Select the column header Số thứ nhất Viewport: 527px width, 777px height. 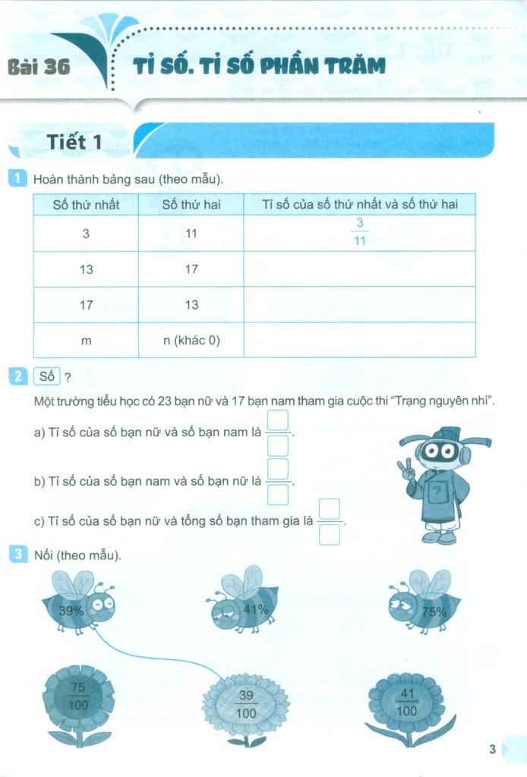pyautogui.click(x=86, y=204)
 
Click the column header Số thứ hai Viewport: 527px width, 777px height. pyautogui.click(x=191, y=204)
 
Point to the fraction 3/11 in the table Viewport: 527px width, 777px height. pyautogui.click(x=360, y=232)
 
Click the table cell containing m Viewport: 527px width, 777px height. pyautogui.click(x=86, y=341)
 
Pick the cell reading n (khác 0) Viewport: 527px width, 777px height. pyautogui.click(x=191, y=341)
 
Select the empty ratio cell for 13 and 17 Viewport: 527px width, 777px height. pyautogui.click(x=359, y=269)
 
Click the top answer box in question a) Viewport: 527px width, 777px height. pyautogui.click(x=278, y=420)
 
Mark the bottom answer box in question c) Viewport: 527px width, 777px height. pyautogui.click(x=329, y=535)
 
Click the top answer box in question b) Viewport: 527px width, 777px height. pyautogui.click(x=278, y=468)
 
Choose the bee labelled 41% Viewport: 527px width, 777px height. pyautogui.click(x=245, y=603)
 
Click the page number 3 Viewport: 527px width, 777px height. pyautogui.click(x=493, y=750)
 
